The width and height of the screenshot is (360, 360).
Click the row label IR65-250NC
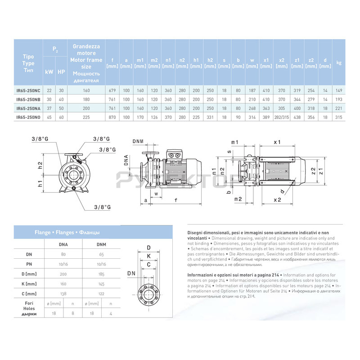point(28,90)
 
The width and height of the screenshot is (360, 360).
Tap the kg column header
point(339,63)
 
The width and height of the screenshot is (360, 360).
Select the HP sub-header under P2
point(61,72)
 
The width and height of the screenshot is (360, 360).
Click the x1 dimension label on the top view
point(277,142)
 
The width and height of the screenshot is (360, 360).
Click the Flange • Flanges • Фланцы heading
point(67,233)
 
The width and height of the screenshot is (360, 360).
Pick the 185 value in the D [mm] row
point(102,274)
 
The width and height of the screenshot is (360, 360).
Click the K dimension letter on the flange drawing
point(149,256)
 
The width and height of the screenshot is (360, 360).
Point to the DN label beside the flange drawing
point(131,273)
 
